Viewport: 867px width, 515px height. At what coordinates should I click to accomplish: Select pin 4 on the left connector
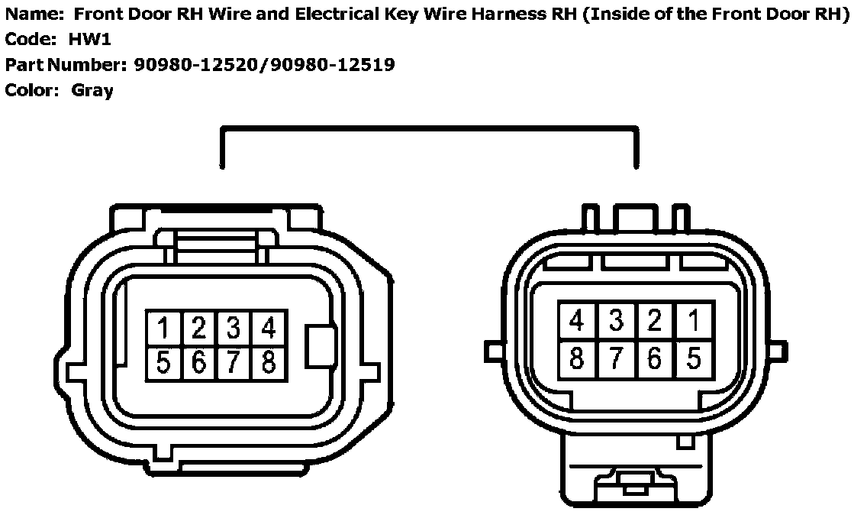coord(268,328)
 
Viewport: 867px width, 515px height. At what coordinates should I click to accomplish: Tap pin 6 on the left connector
coord(198,362)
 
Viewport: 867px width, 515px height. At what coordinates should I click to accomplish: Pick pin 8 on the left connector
coord(268,362)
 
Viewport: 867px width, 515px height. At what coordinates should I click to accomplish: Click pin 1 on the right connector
coord(693,321)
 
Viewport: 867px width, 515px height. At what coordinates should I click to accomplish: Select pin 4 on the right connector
coord(577,321)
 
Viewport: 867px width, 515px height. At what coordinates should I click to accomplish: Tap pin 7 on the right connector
coord(616,357)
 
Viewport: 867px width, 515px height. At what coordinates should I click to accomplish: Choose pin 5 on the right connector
coord(693,357)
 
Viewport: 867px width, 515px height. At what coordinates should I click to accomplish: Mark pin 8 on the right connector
coord(577,357)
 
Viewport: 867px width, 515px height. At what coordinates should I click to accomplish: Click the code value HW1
coord(89,40)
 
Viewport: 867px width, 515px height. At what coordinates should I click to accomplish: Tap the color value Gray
coord(92,90)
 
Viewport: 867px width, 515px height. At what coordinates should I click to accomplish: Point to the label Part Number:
coord(65,65)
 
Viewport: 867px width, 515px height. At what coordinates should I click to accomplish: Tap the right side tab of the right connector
coord(777,351)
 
